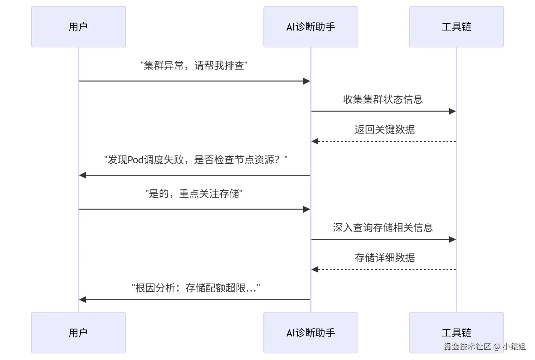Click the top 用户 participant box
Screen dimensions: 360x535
[x=78, y=27]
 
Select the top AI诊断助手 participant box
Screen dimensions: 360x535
[x=311, y=27]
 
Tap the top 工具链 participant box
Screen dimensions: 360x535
[x=456, y=27]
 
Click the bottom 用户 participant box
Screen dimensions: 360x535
[x=78, y=332]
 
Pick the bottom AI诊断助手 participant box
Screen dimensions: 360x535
[x=311, y=332]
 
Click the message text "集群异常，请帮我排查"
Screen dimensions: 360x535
[x=194, y=66]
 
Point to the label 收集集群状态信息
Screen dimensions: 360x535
[x=383, y=99]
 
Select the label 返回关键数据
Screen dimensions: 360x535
[x=385, y=129]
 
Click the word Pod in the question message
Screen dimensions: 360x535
[x=135, y=160]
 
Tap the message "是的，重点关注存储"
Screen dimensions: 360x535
[x=194, y=194]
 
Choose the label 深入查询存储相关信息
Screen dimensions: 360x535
[x=383, y=227]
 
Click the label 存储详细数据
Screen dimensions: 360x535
[x=385, y=258]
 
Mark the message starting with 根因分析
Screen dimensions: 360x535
[x=196, y=288]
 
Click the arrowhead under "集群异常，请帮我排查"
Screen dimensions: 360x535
[x=307, y=81]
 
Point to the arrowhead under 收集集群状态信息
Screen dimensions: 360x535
[x=452, y=111]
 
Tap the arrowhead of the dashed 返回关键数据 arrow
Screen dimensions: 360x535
[x=315, y=141]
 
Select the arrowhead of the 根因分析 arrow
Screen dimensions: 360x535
[x=83, y=300]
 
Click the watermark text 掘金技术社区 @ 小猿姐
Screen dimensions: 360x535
[x=484, y=346]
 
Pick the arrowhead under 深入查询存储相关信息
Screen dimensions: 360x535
[x=452, y=239]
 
